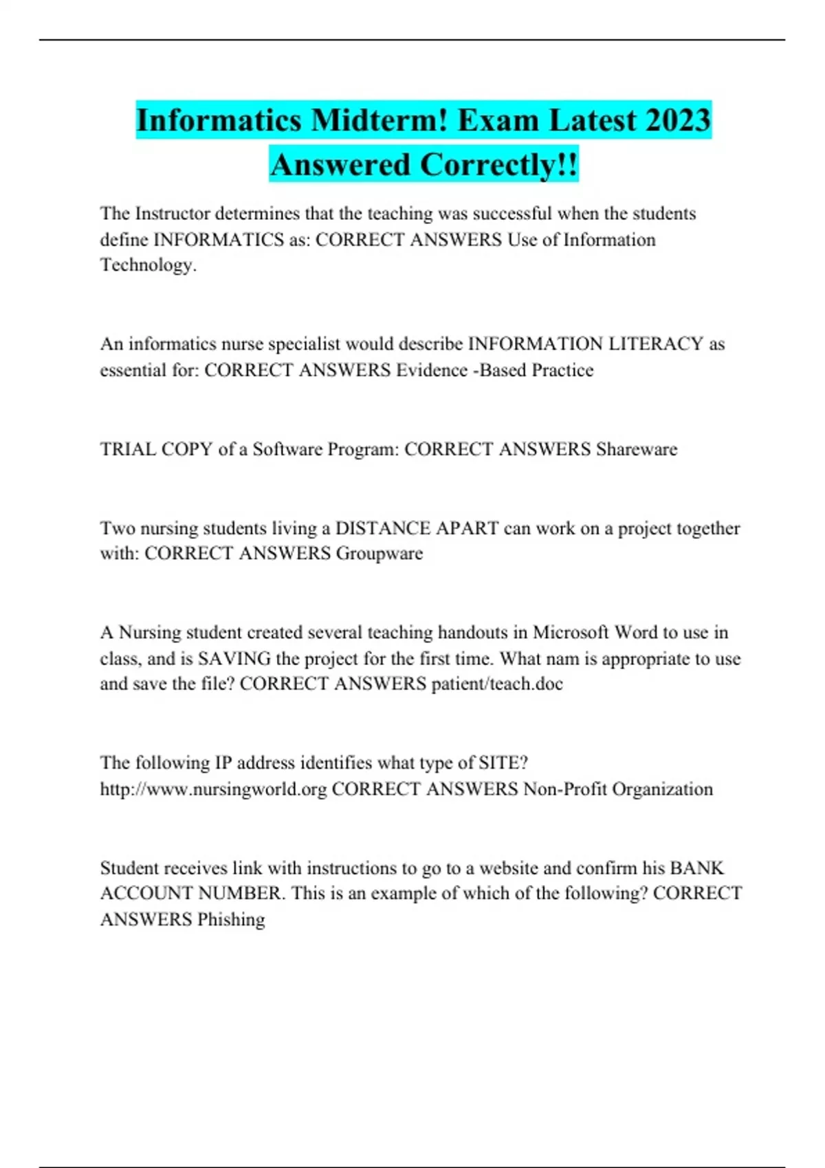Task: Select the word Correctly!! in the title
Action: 499,165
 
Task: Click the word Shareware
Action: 637,449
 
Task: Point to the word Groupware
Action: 379,553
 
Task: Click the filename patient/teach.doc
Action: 497,684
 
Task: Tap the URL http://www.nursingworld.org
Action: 213,789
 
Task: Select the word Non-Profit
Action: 564,789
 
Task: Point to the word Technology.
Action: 148,265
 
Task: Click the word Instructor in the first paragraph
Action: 173,214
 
